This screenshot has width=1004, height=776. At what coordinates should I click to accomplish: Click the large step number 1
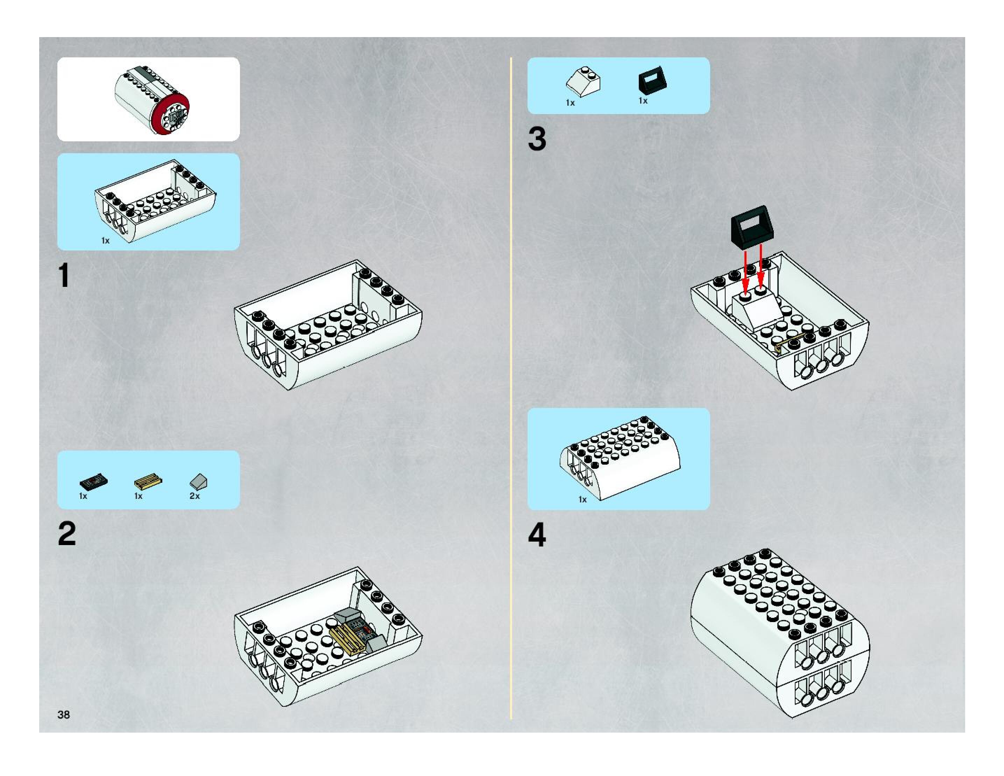click(x=64, y=275)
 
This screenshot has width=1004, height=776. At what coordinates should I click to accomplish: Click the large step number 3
click(x=537, y=139)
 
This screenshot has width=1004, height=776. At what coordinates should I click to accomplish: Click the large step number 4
click(x=537, y=535)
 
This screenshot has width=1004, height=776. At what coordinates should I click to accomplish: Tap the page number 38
click(x=63, y=714)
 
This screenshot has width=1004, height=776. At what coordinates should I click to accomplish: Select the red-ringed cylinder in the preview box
click(x=152, y=100)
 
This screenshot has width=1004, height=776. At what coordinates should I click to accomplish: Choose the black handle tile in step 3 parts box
click(x=652, y=80)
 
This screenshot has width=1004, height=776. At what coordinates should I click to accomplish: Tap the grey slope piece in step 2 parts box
click(x=199, y=481)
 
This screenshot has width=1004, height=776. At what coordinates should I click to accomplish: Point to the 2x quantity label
click(x=195, y=496)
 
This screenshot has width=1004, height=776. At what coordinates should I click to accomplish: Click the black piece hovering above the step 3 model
click(x=752, y=227)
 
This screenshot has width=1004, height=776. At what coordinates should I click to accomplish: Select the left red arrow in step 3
click(x=745, y=269)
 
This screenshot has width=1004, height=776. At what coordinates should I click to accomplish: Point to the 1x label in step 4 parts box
click(x=582, y=499)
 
